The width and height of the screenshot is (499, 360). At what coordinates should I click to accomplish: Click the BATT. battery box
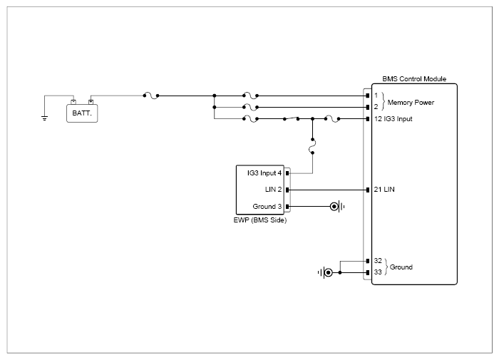82,113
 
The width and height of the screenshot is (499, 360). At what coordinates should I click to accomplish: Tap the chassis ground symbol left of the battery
44,118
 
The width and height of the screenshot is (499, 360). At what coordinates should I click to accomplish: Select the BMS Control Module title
414,79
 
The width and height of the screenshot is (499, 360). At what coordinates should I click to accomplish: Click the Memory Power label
411,103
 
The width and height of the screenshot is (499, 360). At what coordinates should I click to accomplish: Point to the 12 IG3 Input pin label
393,119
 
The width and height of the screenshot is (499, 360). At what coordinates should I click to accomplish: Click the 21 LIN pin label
384,190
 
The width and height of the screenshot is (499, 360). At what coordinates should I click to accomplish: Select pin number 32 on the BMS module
378,261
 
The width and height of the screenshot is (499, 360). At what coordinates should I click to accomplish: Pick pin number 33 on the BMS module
378,272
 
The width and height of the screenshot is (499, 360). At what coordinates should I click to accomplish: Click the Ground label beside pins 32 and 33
401,267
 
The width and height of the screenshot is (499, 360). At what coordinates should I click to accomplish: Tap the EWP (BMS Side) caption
260,220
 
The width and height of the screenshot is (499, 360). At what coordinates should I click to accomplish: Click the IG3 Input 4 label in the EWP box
264,173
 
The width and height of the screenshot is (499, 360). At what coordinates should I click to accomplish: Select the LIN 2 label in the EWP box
273,190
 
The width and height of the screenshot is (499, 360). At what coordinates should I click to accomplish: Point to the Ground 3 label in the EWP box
267,207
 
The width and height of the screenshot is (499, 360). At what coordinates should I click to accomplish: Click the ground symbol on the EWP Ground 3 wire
337,207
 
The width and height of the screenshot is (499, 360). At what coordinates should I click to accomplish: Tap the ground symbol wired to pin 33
325,272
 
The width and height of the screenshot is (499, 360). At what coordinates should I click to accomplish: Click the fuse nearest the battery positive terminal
151,96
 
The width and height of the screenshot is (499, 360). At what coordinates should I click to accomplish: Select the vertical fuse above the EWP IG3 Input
312,146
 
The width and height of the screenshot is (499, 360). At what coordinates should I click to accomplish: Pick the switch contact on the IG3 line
291,118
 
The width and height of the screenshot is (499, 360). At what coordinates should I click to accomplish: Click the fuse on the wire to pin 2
250,107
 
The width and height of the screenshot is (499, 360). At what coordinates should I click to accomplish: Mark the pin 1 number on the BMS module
376,96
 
